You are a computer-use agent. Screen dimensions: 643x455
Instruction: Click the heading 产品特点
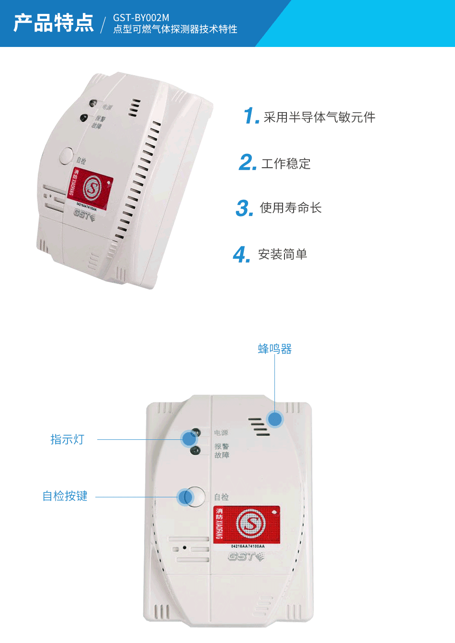pos(54,23)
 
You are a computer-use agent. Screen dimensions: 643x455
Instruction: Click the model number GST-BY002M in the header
pos(141,18)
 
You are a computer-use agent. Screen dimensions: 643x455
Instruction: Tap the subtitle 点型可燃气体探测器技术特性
pos(175,29)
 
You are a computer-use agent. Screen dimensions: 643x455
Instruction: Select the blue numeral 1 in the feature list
pos(250,116)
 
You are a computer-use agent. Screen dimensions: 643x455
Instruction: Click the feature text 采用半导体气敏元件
pos(319,117)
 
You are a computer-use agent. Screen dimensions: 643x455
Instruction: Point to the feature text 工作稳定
pos(286,164)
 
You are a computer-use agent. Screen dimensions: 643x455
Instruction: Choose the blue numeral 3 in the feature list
pos(244,208)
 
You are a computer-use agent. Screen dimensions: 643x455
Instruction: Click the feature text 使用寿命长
pos(290,208)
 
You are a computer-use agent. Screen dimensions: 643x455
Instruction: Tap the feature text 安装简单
pos(283,254)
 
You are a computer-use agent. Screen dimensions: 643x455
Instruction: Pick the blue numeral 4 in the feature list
pos(241,254)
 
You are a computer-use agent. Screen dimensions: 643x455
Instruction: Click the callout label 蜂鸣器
pos(274,349)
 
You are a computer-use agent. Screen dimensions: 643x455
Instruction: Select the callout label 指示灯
pos(67,439)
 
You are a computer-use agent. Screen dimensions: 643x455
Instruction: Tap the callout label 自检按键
pos(65,496)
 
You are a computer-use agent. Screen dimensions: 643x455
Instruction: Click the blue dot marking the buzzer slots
pos(275,419)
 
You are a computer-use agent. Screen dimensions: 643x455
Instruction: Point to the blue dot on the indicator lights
pos(188,438)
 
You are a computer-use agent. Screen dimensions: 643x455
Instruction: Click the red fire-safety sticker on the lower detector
pos(247,525)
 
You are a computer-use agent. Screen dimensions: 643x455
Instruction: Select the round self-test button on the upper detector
pos(66,156)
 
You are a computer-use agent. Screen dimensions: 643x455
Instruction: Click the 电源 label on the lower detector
pos(221,433)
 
